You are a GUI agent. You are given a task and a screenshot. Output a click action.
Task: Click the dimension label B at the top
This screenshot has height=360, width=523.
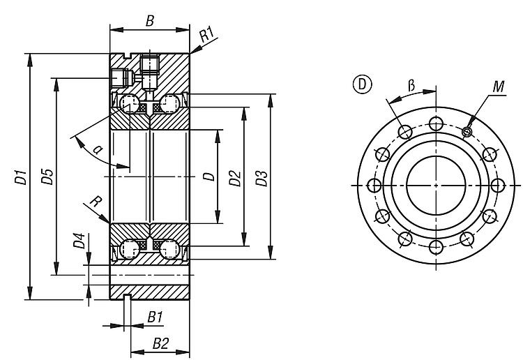click(x=149, y=20)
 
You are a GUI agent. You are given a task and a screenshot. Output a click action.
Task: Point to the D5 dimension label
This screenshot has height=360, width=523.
click(x=47, y=178)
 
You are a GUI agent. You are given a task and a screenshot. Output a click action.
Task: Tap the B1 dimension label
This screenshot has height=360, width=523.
click(x=156, y=317)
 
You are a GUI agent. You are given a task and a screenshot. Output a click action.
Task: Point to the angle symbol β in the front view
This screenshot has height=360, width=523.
click(x=411, y=85)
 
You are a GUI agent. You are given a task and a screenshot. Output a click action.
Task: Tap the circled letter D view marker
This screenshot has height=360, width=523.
click(x=362, y=84)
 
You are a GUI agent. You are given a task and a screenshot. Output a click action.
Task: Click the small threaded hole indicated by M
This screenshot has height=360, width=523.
click(x=467, y=132)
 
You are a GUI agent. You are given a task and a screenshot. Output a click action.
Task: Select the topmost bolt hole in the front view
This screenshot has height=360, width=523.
click(x=436, y=124)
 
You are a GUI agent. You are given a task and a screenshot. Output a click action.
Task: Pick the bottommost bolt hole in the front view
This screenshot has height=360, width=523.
click(x=436, y=247)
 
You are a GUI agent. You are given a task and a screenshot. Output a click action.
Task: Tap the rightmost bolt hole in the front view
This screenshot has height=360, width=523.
click(x=497, y=186)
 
